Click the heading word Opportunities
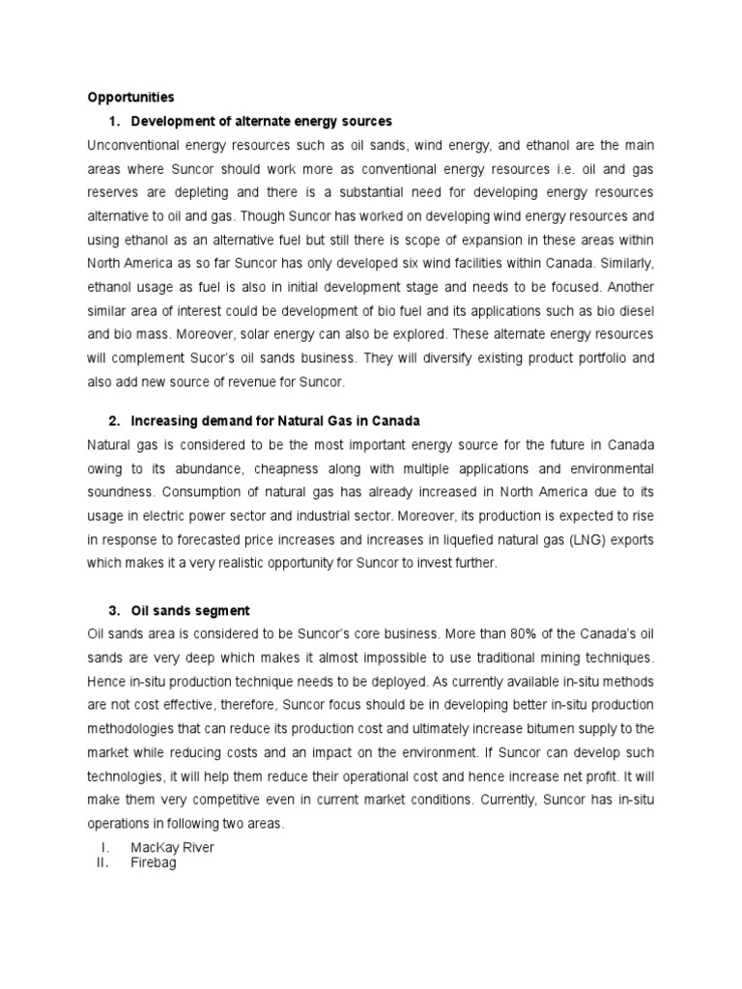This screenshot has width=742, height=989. (x=131, y=98)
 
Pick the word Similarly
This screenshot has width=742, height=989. (x=622, y=261)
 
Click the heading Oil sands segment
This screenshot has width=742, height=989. (x=190, y=610)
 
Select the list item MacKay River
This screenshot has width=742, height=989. (x=173, y=847)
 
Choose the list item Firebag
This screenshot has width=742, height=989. (x=155, y=863)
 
